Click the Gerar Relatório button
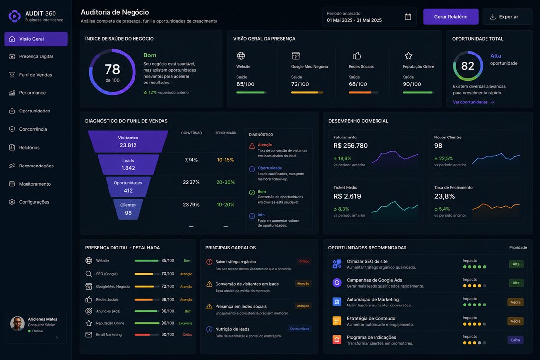[x=451, y=17]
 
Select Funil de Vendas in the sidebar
[x=35, y=75]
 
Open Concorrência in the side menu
[x=33, y=129]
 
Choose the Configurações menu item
[x=34, y=202]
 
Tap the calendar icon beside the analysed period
[x=408, y=17]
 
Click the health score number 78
[x=112, y=69]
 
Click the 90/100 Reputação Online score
[x=412, y=84]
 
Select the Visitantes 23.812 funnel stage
[x=128, y=141]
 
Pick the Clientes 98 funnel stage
[x=128, y=209]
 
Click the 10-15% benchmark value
[x=226, y=160]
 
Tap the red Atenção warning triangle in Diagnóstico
[x=252, y=146]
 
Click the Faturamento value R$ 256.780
[x=351, y=146]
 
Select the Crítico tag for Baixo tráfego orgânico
[x=304, y=261]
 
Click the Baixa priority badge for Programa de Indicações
[x=515, y=340]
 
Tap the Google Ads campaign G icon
[x=337, y=283]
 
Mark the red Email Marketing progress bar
[x=142, y=335]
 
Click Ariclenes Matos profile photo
[x=17, y=324]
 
